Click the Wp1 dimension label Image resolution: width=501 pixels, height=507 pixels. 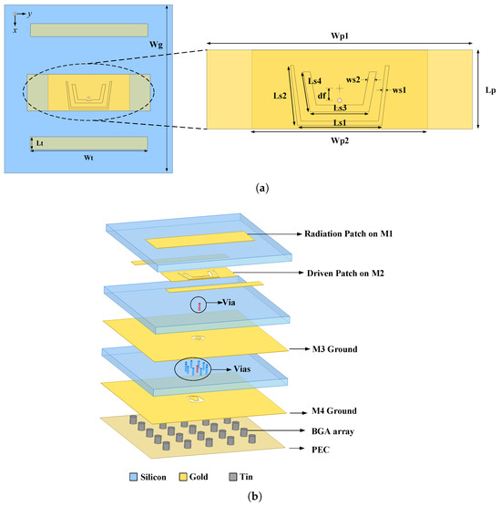[x=340, y=36]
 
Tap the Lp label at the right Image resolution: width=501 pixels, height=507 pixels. [x=490, y=89]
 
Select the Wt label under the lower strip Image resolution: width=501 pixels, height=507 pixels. [x=88, y=156]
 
